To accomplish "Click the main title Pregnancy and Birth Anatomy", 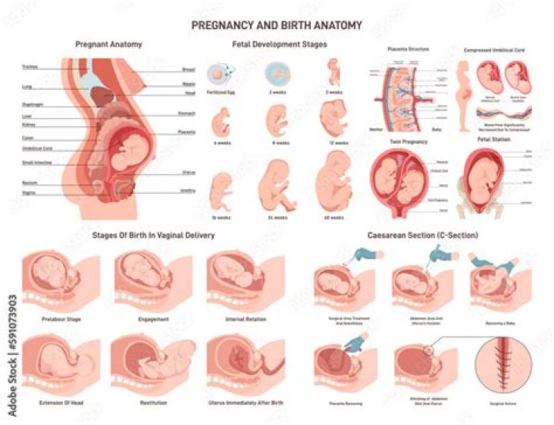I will click(x=276, y=25).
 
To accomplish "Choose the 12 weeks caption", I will click(x=333, y=143).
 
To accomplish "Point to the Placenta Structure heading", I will click(x=407, y=48).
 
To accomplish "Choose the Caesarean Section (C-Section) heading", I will click(x=422, y=234).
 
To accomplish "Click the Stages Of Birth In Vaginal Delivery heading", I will click(x=153, y=234).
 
